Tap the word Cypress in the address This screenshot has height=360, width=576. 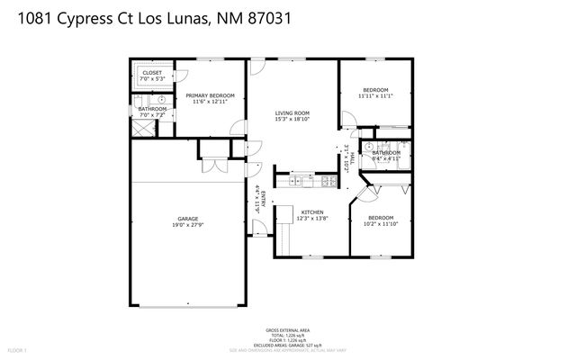(84, 18)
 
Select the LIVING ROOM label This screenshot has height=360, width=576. (292, 112)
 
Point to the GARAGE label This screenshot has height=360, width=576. (187, 219)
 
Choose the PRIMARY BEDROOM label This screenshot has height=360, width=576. (210, 95)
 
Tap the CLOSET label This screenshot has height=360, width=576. (152, 73)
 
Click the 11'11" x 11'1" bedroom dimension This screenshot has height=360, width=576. (375, 96)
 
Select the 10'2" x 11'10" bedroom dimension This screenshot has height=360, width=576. (380, 222)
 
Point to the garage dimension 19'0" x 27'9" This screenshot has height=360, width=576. (187, 225)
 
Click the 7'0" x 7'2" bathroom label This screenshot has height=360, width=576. (152, 115)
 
